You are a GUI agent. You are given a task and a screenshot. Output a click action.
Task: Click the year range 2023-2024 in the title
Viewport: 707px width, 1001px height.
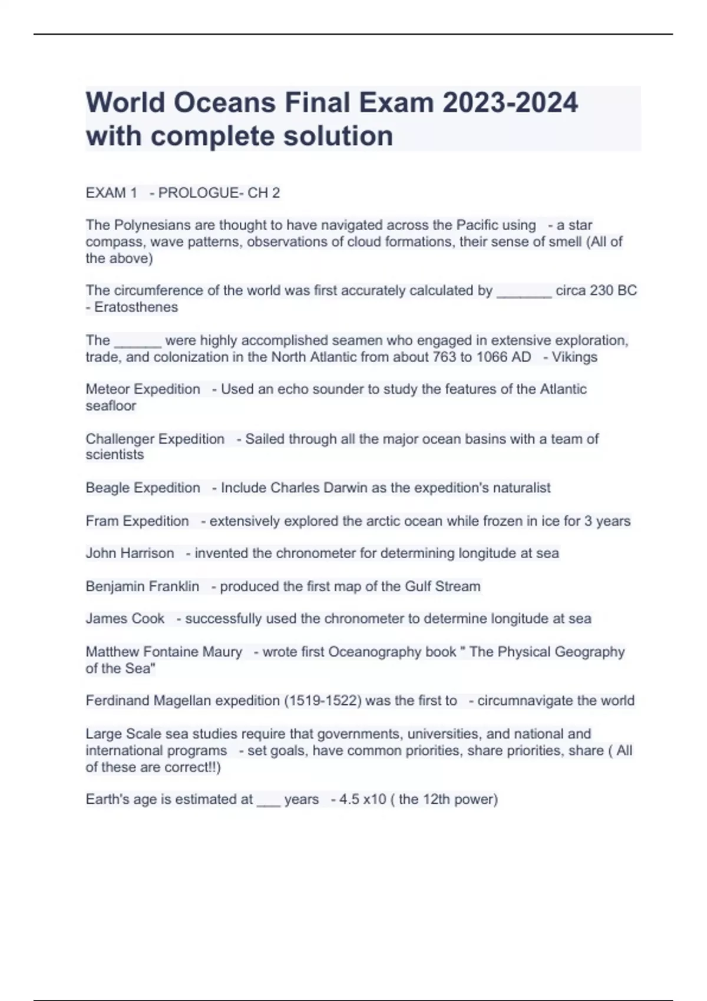pyautogui.click(x=510, y=102)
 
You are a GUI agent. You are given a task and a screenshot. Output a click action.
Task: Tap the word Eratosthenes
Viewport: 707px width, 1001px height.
pyautogui.click(x=136, y=307)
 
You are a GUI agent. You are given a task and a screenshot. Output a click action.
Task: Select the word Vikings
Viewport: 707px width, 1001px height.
pyautogui.click(x=574, y=357)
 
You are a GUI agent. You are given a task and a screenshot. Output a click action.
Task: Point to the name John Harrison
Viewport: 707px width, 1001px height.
pyautogui.click(x=130, y=553)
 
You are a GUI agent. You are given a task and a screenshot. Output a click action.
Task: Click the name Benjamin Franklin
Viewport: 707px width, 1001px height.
pyautogui.click(x=142, y=586)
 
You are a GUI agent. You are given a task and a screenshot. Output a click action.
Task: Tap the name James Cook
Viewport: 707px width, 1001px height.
pyautogui.click(x=125, y=619)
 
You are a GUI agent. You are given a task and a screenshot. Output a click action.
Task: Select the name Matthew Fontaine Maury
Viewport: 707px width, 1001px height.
pyautogui.click(x=164, y=652)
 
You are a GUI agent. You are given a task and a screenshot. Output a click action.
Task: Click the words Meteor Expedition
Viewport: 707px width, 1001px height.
pyautogui.click(x=143, y=389)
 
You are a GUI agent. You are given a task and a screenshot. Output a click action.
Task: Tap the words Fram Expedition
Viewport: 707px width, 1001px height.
pyautogui.click(x=137, y=521)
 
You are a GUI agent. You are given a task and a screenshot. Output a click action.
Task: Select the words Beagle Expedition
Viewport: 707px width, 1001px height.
pyautogui.click(x=143, y=488)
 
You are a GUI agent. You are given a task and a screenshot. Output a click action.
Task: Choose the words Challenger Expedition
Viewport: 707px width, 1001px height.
pyautogui.click(x=155, y=439)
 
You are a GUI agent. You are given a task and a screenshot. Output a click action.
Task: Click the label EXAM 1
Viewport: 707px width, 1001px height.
pyautogui.click(x=111, y=193)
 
